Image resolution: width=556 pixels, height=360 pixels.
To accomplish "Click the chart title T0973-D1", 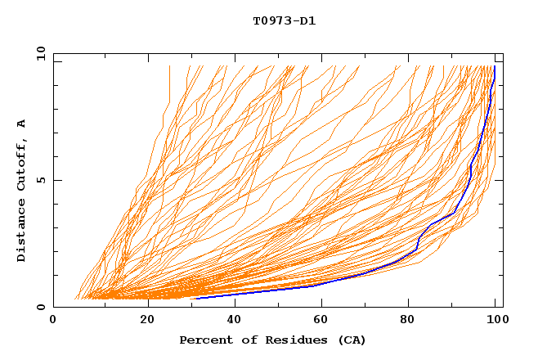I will point(284,20).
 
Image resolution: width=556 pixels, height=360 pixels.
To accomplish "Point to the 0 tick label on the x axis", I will point(53,321).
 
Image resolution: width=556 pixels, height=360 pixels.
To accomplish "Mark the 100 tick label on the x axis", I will point(495,321).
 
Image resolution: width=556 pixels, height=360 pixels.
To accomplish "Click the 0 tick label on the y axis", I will point(40,308).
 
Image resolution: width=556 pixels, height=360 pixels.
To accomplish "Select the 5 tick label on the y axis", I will point(40,180).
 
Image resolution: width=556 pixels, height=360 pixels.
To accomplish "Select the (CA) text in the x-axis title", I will point(351,340).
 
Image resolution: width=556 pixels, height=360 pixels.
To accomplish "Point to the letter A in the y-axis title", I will point(21,123).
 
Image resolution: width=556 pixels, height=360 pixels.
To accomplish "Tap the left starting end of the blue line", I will point(195,298).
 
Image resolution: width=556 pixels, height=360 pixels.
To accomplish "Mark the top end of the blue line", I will point(494,67).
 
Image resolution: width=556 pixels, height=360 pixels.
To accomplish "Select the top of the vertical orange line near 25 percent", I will point(169,66).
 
